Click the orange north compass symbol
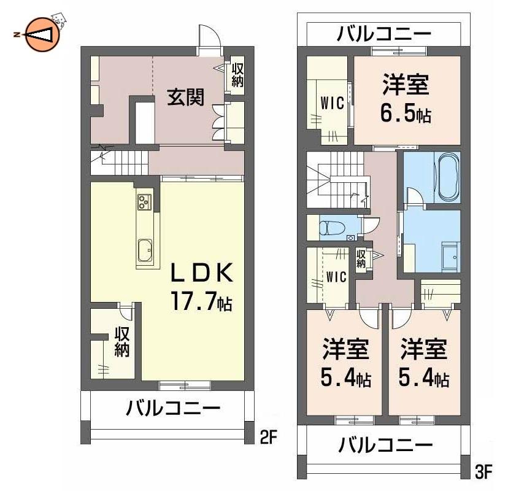click(x=42, y=34)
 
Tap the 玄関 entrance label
click(x=186, y=97)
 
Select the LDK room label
click(x=201, y=273)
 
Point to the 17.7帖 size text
click(x=201, y=301)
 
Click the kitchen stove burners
click(x=144, y=202)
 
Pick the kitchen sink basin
click(x=145, y=250)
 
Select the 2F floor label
click(x=269, y=437)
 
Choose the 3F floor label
click(x=483, y=473)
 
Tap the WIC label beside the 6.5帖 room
click(x=332, y=103)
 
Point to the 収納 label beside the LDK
click(x=122, y=342)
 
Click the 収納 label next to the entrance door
click(x=237, y=75)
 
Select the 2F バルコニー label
click(x=173, y=408)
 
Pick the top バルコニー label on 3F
click(x=383, y=34)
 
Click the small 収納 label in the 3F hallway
click(x=361, y=258)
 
